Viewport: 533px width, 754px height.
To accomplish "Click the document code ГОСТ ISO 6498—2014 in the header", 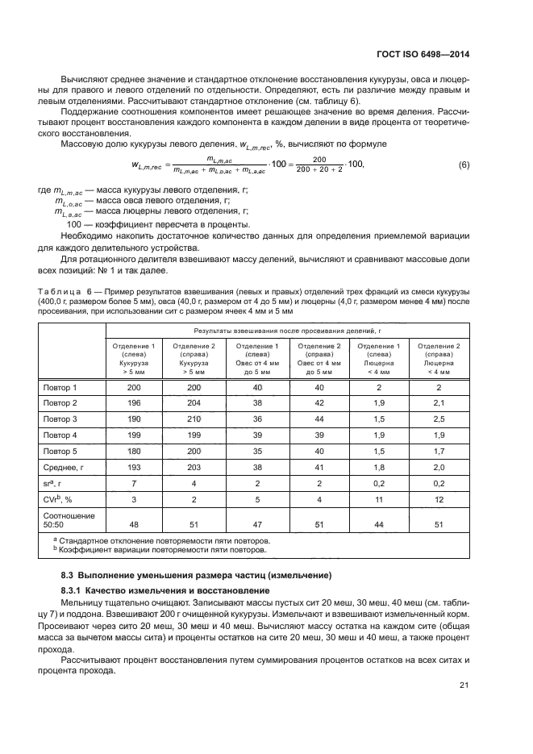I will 423,55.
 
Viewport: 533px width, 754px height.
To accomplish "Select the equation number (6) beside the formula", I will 464,165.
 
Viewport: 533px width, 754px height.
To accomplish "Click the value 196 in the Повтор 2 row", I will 134,402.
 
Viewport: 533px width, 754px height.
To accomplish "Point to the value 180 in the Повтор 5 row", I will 134,452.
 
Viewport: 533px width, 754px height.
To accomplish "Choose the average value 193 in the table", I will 134,468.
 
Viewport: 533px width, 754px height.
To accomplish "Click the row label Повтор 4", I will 60,435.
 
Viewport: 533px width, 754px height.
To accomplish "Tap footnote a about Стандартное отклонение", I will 158,540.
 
